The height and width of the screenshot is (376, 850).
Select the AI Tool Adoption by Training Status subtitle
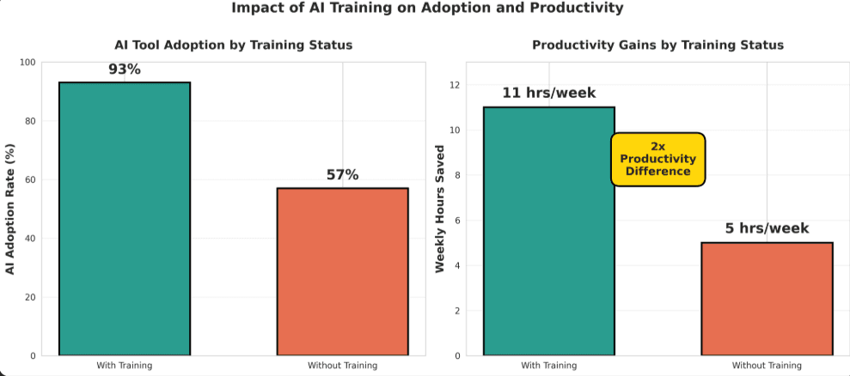pos(233,45)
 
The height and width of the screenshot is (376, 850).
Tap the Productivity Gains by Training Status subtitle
pos(657,45)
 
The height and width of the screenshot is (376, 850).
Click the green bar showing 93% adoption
pos(125,218)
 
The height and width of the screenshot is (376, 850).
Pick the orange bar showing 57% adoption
pos(342,271)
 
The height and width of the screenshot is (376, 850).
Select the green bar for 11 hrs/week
pos(548,231)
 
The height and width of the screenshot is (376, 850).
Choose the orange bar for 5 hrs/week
pos(767,299)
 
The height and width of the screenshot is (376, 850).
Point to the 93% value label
pos(125,69)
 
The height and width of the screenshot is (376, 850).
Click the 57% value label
pos(342,175)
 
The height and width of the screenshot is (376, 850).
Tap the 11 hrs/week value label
pos(548,94)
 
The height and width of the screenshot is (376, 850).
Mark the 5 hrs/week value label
pos(767,228)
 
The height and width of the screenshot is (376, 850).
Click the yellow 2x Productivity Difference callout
pos(657,159)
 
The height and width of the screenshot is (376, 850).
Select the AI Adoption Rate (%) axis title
pos(11,209)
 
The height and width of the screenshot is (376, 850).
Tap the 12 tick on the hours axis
pos(455,85)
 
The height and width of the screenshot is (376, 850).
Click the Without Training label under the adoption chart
pos(342,366)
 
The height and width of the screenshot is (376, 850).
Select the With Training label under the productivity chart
pos(548,366)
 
